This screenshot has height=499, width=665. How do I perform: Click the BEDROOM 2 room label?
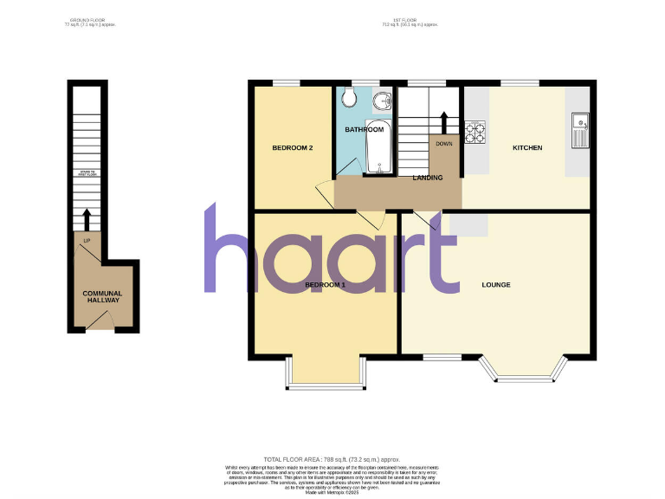click(293, 148)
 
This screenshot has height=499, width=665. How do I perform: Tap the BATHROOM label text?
click(364, 130)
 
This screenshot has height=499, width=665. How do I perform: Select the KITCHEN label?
click(527, 148)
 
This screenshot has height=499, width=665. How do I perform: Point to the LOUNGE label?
click(496, 285)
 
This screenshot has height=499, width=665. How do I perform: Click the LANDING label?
click(428, 178)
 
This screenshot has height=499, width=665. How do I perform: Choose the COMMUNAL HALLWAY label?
click(102, 297)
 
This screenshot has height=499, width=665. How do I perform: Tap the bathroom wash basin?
click(380, 103)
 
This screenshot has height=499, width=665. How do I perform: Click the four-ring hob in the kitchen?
click(475, 133)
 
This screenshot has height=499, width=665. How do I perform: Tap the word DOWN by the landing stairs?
click(444, 144)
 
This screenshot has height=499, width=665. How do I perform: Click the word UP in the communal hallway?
click(86, 240)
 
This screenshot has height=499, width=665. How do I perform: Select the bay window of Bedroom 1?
click(324, 373)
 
